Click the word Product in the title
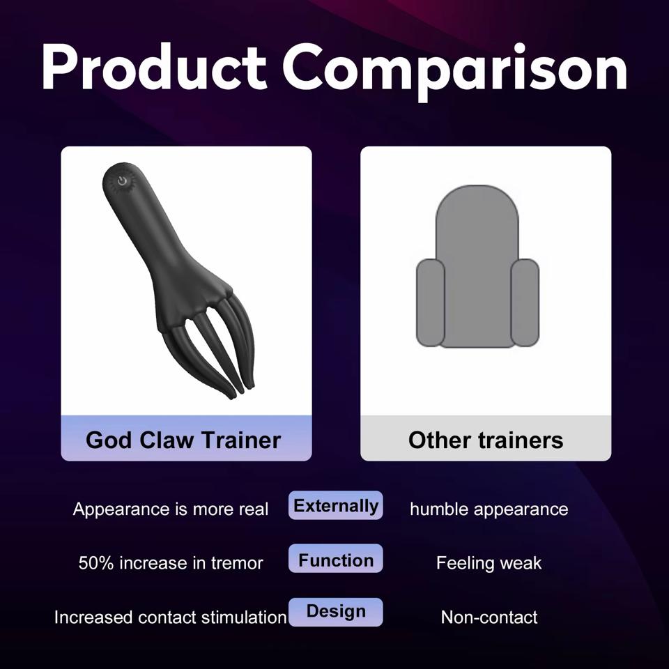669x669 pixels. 154,68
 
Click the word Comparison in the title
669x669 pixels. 455,68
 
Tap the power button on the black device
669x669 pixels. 123,181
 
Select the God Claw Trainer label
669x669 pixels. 183,440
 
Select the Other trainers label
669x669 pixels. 486,440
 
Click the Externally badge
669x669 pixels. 336,505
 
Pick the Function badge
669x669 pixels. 336,560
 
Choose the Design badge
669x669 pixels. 336,611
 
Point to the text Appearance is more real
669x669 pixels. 171,509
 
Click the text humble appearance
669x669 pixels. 489,509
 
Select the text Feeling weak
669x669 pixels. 489,563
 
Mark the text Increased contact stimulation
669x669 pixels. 171,617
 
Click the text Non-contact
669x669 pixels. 489,617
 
